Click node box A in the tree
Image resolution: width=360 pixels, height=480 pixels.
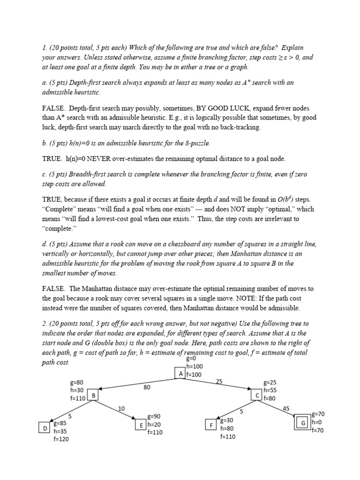click(180, 374)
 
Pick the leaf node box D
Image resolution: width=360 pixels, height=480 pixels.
click(45, 428)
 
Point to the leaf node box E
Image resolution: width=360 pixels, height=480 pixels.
click(141, 424)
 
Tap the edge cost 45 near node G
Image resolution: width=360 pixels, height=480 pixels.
click(287, 409)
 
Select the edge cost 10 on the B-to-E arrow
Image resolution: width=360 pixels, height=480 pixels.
click(121, 409)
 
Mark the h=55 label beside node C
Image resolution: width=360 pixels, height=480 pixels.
click(270, 390)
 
